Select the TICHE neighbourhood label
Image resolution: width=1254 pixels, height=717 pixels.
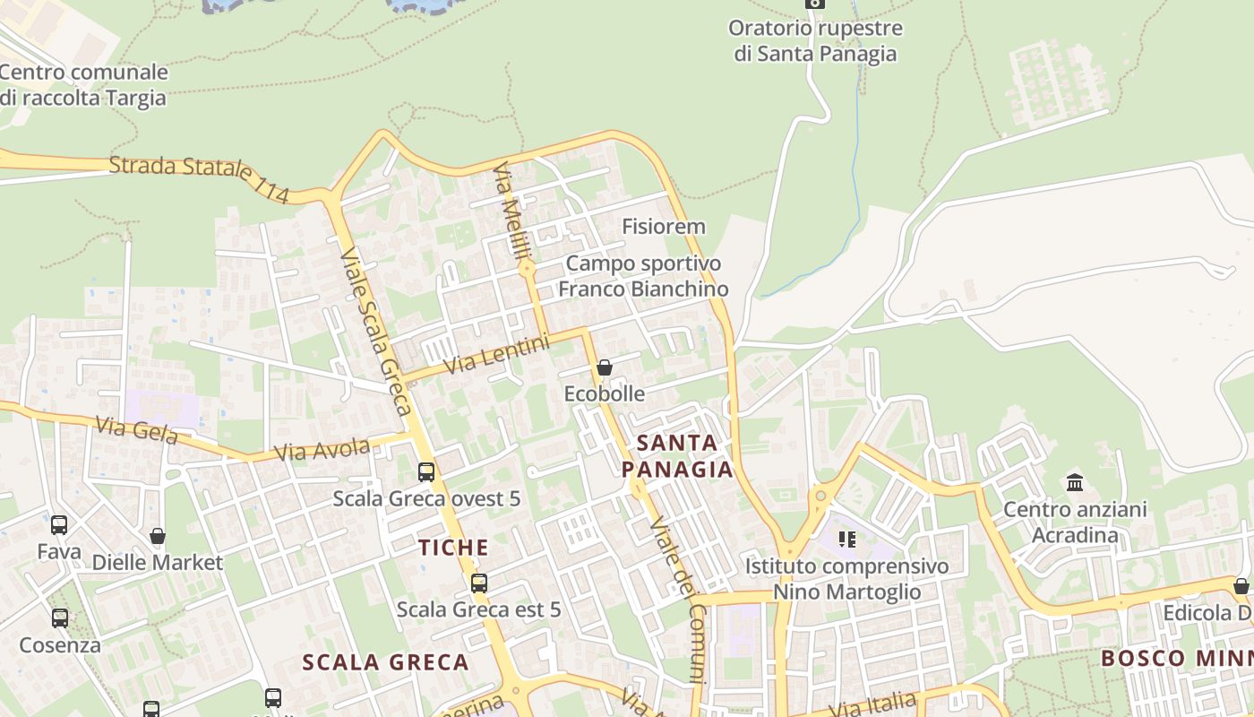(x=454, y=548)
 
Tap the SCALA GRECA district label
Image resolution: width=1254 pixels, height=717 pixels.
(x=385, y=662)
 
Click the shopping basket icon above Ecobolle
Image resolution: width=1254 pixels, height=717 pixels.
(x=605, y=367)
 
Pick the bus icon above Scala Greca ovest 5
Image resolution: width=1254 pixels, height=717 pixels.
(x=426, y=471)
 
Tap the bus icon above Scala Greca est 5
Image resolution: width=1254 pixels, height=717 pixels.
(x=479, y=583)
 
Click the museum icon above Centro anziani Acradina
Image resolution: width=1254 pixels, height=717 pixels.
(x=1075, y=483)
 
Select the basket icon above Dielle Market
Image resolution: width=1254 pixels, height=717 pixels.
(x=158, y=536)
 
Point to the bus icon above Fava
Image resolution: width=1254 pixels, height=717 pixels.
(x=59, y=525)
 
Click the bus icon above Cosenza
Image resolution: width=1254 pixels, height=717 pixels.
(x=60, y=618)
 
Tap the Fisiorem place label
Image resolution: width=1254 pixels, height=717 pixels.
(x=664, y=227)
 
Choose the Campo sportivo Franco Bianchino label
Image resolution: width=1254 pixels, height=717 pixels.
(x=643, y=276)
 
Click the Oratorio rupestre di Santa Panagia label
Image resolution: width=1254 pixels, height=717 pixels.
(x=815, y=40)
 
